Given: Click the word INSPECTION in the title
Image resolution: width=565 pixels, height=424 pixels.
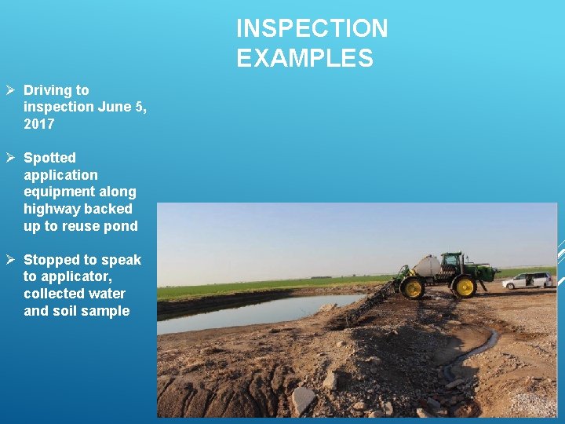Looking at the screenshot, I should (312, 29).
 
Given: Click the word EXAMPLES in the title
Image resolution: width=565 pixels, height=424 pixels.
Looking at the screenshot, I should (304, 59).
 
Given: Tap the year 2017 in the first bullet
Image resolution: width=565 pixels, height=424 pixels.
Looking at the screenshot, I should (39, 124).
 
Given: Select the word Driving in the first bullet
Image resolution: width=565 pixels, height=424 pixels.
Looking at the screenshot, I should (48, 90).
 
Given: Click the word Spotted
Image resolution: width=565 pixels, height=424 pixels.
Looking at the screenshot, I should (49, 158).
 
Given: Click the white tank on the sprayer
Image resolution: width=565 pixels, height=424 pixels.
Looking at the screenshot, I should (427, 266).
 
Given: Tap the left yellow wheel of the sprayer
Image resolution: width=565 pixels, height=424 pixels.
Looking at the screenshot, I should (411, 287).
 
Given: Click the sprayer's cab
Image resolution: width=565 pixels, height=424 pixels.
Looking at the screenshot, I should (452, 261).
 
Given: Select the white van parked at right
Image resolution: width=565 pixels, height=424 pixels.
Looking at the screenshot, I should (527, 280).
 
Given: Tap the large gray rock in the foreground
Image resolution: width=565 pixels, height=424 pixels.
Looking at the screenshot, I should (302, 400).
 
